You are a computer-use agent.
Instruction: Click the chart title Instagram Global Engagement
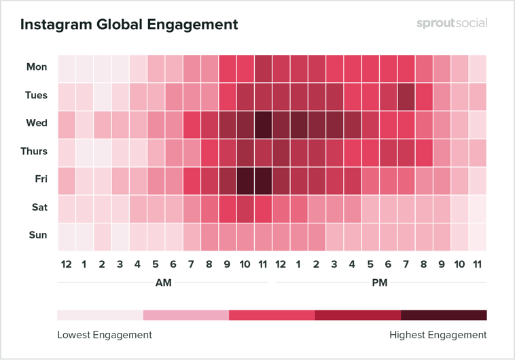[129, 25]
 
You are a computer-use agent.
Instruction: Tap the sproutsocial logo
[452, 23]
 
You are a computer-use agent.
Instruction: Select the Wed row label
[37, 123]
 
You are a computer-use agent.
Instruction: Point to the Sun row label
[38, 235]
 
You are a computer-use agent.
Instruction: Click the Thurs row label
[33, 151]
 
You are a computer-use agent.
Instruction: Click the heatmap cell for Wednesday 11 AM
[263, 124]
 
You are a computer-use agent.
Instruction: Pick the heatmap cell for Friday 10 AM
[245, 179]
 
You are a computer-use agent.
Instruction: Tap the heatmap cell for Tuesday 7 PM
[406, 95]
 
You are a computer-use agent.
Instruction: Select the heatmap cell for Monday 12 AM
[67, 67]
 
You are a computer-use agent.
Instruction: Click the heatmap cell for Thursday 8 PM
[424, 151]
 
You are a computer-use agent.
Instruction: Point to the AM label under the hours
[164, 283]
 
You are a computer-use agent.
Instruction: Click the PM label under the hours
[380, 283]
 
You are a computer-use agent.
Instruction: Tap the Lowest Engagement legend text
[105, 335]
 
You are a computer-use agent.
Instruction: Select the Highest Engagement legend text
[438, 335]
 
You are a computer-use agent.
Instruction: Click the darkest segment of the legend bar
[444, 315]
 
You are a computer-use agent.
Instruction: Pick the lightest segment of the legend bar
[100, 315]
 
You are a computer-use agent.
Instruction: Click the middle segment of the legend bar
[272, 315]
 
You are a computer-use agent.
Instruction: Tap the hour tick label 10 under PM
[459, 264]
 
